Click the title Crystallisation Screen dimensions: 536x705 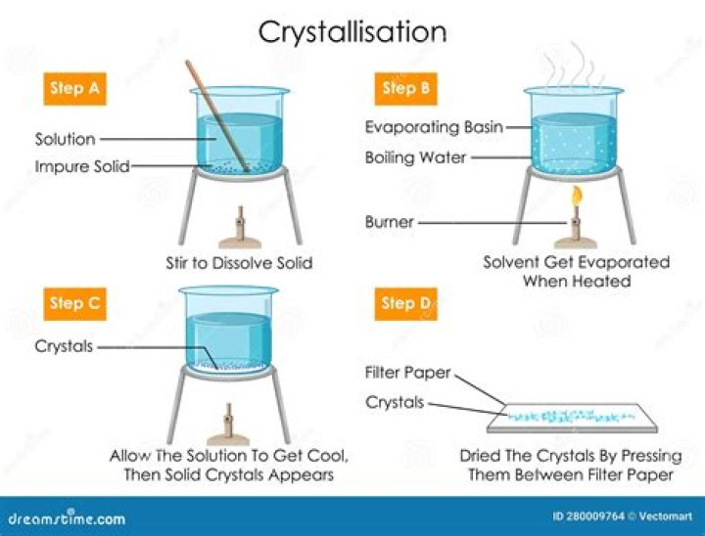(x=352, y=31)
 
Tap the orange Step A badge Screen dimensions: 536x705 (x=74, y=89)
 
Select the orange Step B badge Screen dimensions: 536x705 (x=399, y=89)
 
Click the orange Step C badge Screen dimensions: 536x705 (x=74, y=303)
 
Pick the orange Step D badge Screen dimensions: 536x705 (x=403, y=303)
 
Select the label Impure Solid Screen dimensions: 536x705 (x=81, y=166)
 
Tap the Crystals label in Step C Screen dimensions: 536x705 (x=64, y=345)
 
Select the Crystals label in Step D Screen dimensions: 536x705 (x=395, y=402)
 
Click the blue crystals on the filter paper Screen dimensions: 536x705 (x=568, y=417)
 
